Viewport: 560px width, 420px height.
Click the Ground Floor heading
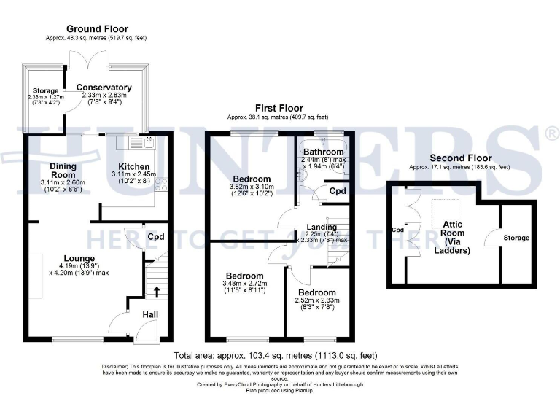click(x=87, y=29)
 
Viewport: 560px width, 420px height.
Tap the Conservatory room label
click(x=104, y=87)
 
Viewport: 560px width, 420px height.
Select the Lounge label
click(x=79, y=257)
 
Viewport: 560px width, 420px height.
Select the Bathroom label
click(x=324, y=152)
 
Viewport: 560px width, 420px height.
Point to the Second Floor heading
click(x=460, y=157)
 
